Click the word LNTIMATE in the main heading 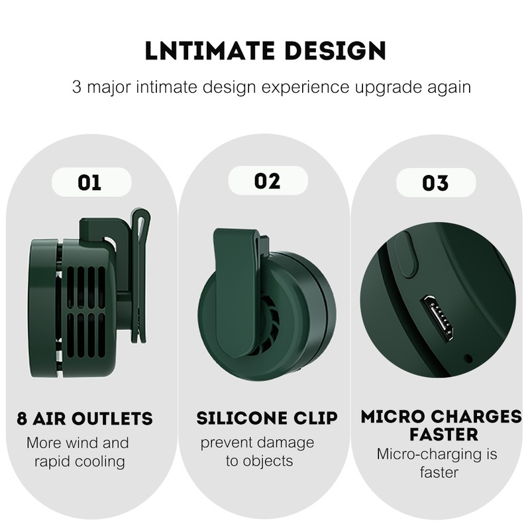[209, 51]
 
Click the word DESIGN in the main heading [335, 51]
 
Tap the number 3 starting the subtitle [77, 87]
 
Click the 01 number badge [91, 182]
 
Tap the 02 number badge [268, 181]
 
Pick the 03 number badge [436, 183]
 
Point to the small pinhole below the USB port [468, 358]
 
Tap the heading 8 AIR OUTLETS [85, 419]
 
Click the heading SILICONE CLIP [267, 418]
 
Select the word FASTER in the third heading [444, 435]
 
